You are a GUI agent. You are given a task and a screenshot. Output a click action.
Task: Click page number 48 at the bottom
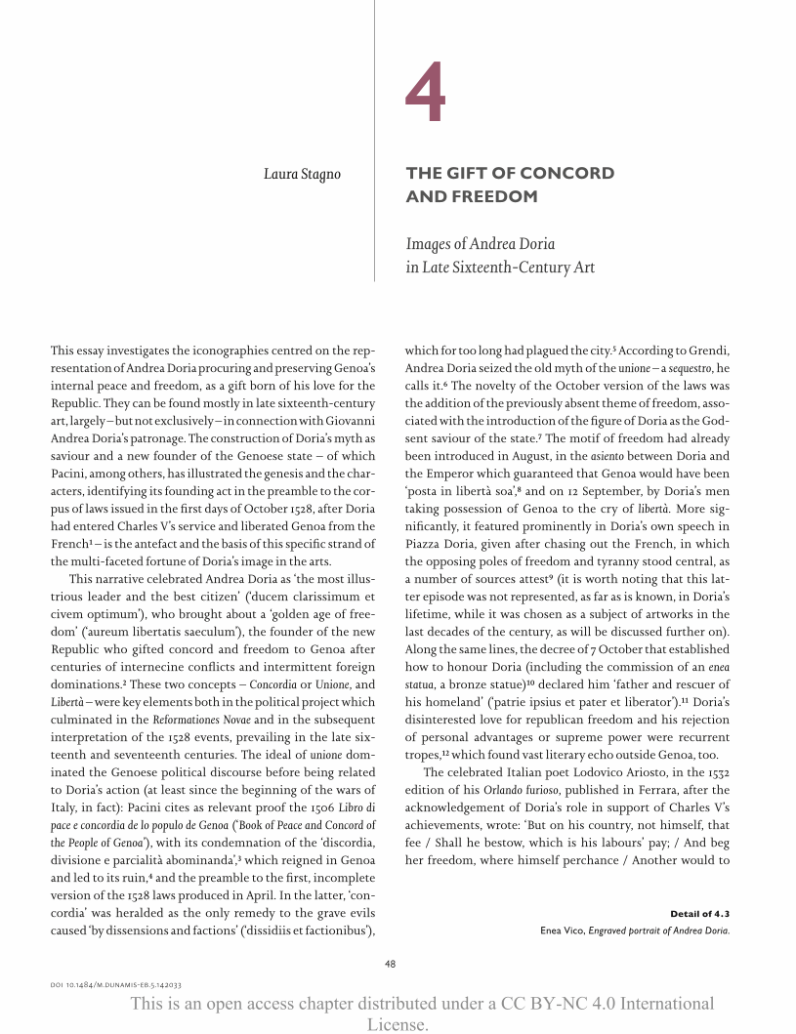click(x=390, y=964)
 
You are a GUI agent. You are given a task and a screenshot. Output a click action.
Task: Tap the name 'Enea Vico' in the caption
click(x=562, y=930)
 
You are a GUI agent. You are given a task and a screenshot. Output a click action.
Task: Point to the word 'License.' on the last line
click(x=398, y=1024)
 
